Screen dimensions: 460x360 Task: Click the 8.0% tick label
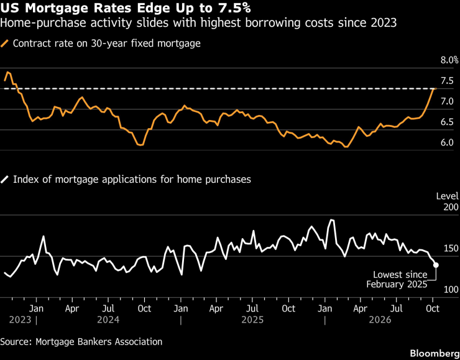point(449,60)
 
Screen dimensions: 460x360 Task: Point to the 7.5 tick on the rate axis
point(447,81)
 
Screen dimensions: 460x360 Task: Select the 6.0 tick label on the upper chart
point(447,143)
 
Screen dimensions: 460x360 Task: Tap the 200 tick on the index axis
point(451,207)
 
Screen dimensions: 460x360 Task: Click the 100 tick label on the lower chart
point(451,290)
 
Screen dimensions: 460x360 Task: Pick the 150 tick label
point(451,249)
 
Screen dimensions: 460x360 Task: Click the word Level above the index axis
point(448,196)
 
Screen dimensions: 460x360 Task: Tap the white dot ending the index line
point(436,265)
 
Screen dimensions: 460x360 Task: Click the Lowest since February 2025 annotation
point(397,280)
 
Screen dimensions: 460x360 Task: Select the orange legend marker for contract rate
point(5,44)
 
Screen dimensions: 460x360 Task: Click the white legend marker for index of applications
point(5,179)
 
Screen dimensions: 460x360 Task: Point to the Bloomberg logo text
point(435,353)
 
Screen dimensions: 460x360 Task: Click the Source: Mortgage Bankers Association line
point(81,342)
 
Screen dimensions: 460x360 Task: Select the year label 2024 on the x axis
point(108,320)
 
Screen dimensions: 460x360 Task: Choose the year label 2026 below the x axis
point(380,320)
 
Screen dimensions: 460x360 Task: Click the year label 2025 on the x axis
point(252,320)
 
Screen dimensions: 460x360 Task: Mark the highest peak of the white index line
point(331,219)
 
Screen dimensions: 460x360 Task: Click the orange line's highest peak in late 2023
point(7,72)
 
